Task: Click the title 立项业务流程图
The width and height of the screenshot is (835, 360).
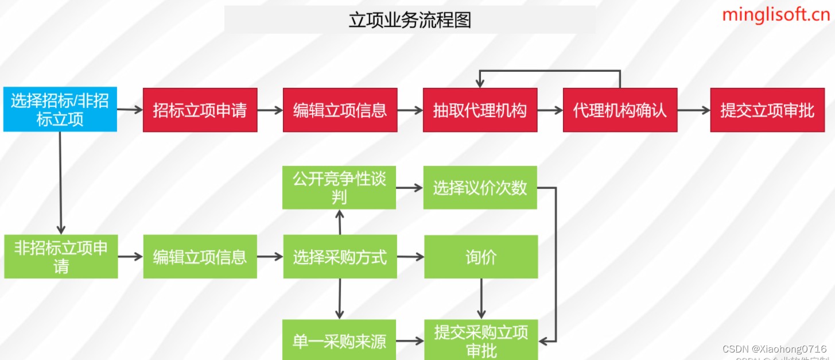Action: (x=410, y=20)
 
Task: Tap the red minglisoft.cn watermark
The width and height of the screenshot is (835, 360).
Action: (x=776, y=14)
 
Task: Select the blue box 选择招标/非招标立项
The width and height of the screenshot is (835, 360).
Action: (x=60, y=110)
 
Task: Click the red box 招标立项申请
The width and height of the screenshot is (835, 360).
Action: (x=200, y=110)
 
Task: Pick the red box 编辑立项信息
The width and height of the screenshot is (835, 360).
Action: (x=340, y=110)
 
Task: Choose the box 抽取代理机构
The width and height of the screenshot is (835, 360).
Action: (x=480, y=110)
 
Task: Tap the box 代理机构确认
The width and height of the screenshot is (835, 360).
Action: (x=620, y=110)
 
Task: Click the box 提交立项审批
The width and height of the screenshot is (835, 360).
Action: (x=767, y=110)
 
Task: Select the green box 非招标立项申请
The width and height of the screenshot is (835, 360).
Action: (x=61, y=257)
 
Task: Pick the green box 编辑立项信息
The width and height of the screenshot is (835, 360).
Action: (x=200, y=257)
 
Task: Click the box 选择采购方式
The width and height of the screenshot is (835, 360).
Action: (x=340, y=257)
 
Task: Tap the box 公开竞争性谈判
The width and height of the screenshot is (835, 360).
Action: (x=339, y=188)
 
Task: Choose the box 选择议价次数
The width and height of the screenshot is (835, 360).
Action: (x=480, y=188)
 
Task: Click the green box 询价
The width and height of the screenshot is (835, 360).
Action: (x=481, y=257)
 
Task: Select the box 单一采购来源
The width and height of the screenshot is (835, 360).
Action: (x=339, y=341)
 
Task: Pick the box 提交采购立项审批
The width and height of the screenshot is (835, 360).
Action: (x=481, y=340)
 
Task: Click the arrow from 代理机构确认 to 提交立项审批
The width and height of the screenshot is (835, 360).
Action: (x=693, y=110)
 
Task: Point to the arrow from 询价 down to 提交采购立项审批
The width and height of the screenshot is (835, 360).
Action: (x=481, y=299)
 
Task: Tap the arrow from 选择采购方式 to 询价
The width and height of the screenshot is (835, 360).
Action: (x=410, y=257)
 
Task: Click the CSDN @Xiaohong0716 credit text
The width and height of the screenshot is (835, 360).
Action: (x=774, y=349)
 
